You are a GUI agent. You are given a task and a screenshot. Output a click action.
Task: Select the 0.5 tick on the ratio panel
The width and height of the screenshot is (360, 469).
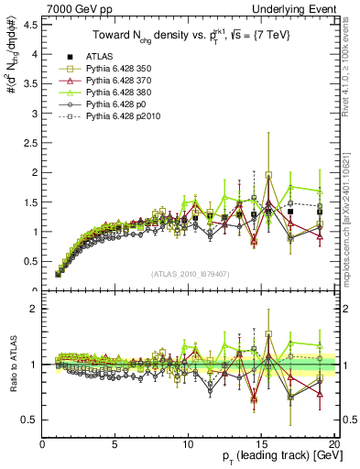(29, 420)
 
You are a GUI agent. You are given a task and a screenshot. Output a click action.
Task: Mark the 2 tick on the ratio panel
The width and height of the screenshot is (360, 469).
(33, 309)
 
